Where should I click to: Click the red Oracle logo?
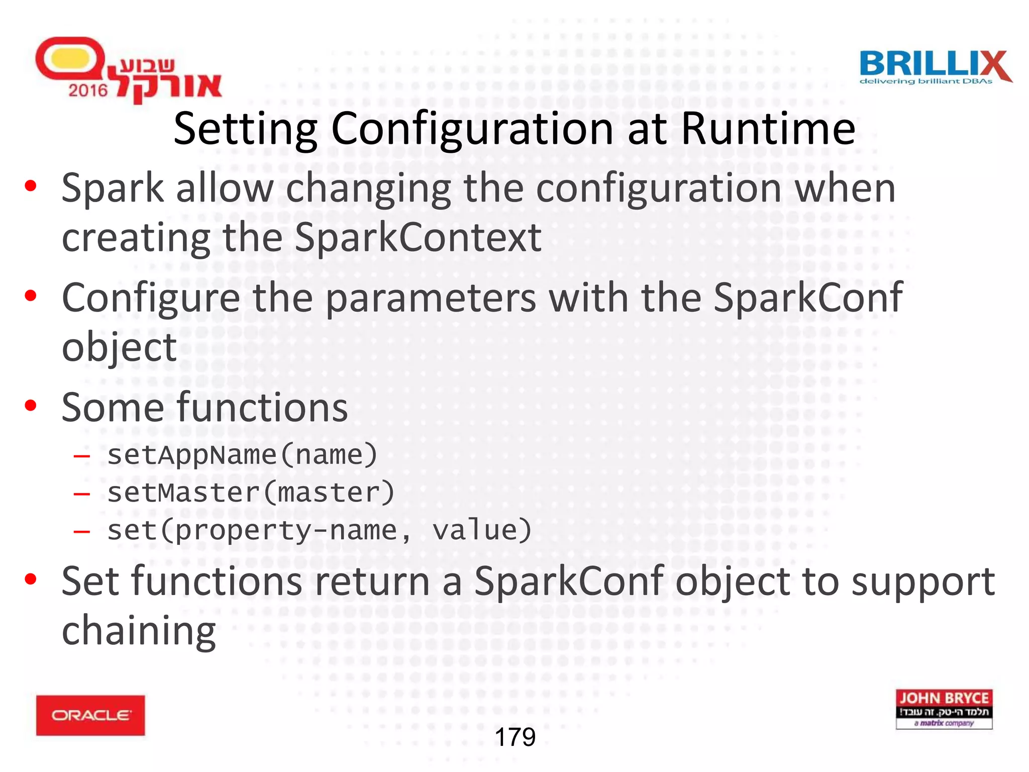coord(90,715)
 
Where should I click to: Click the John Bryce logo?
coord(944,709)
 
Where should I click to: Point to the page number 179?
coord(515,737)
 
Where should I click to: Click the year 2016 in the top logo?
coord(88,90)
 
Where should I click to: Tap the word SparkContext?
coord(418,237)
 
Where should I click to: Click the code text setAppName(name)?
coord(242,455)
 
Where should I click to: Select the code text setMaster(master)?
coord(251,493)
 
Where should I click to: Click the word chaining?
coord(139,631)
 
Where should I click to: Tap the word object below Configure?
coord(119,347)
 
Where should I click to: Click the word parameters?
coord(431,298)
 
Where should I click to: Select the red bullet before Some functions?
coord(31,405)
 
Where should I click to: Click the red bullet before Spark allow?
coord(31,186)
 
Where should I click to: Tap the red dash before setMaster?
coord(81,494)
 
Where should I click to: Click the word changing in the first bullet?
coord(368,188)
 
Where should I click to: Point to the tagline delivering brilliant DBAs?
coord(925,81)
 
